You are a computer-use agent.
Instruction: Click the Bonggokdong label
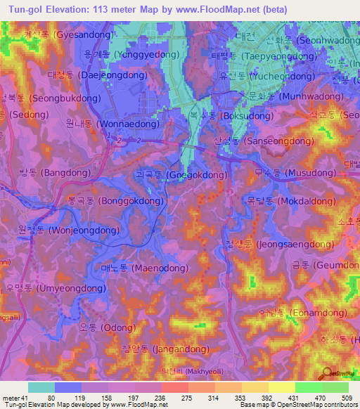coord(115,200)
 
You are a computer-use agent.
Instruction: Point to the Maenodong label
coord(144,268)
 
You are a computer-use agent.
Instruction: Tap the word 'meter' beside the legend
coord(11,398)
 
